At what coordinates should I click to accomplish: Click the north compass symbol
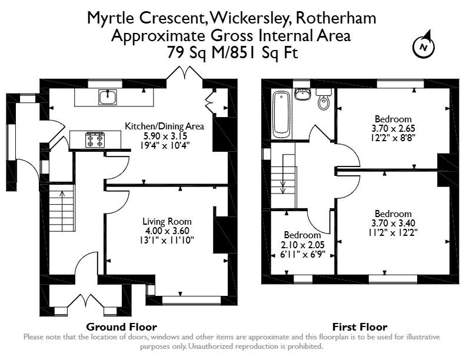(x=424, y=45)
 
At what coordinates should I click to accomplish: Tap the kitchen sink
(x=108, y=97)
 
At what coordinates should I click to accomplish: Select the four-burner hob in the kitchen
(x=95, y=140)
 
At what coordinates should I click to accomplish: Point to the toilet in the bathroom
(x=324, y=99)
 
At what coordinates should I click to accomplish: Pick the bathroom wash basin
(x=302, y=94)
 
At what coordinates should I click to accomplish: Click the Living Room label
(x=167, y=221)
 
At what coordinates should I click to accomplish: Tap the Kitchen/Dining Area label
(x=164, y=126)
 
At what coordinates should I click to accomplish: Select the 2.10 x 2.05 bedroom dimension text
(x=302, y=245)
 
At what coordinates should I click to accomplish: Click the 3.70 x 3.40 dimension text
(x=393, y=223)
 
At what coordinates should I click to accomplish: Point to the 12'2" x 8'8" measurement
(x=393, y=138)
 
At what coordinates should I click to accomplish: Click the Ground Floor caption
(x=122, y=327)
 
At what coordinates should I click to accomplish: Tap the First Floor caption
(x=360, y=327)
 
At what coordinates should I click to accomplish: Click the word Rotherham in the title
(x=336, y=18)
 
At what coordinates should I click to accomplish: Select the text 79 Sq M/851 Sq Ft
(x=232, y=53)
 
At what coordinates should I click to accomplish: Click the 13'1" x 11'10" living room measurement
(x=167, y=241)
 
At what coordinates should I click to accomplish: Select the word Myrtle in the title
(x=111, y=18)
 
